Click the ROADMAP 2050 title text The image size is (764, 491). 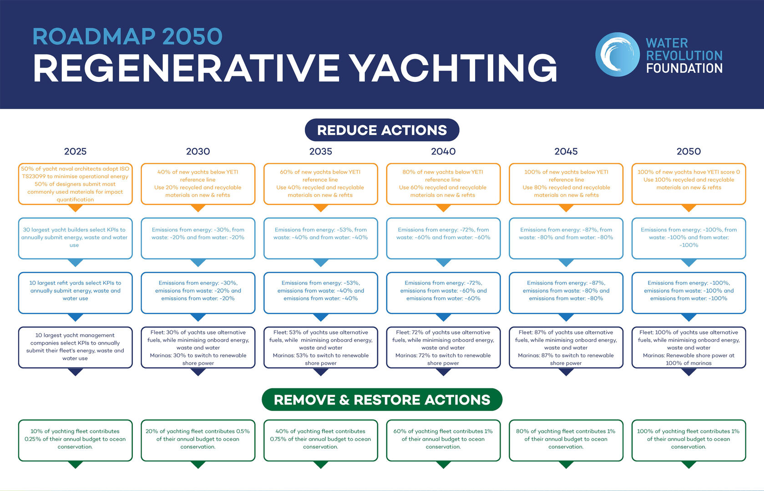[x=127, y=36]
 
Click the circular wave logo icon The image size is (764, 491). [x=617, y=55]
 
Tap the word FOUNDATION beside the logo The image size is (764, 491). [x=684, y=68]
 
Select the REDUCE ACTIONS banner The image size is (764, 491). [x=382, y=130]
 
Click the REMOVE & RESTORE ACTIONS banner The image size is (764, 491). [x=382, y=399]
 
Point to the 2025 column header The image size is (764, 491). [x=76, y=151]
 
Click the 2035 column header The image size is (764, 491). [x=321, y=151]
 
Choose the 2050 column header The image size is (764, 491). [x=688, y=151]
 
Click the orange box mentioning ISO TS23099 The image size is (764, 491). [x=76, y=184]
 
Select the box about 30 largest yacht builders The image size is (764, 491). [x=76, y=238]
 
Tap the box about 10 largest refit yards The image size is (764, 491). [x=76, y=293]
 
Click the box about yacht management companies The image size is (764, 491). [x=76, y=347]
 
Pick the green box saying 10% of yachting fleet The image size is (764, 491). [x=76, y=440]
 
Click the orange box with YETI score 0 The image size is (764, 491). [x=688, y=184]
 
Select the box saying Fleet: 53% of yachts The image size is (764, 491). [x=321, y=347]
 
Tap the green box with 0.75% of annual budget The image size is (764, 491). [x=321, y=440]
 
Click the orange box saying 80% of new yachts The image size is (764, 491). [x=443, y=184]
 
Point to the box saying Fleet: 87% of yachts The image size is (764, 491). [x=566, y=347]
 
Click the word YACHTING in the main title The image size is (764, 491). [x=454, y=68]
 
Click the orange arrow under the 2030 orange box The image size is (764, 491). [x=198, y=208]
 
